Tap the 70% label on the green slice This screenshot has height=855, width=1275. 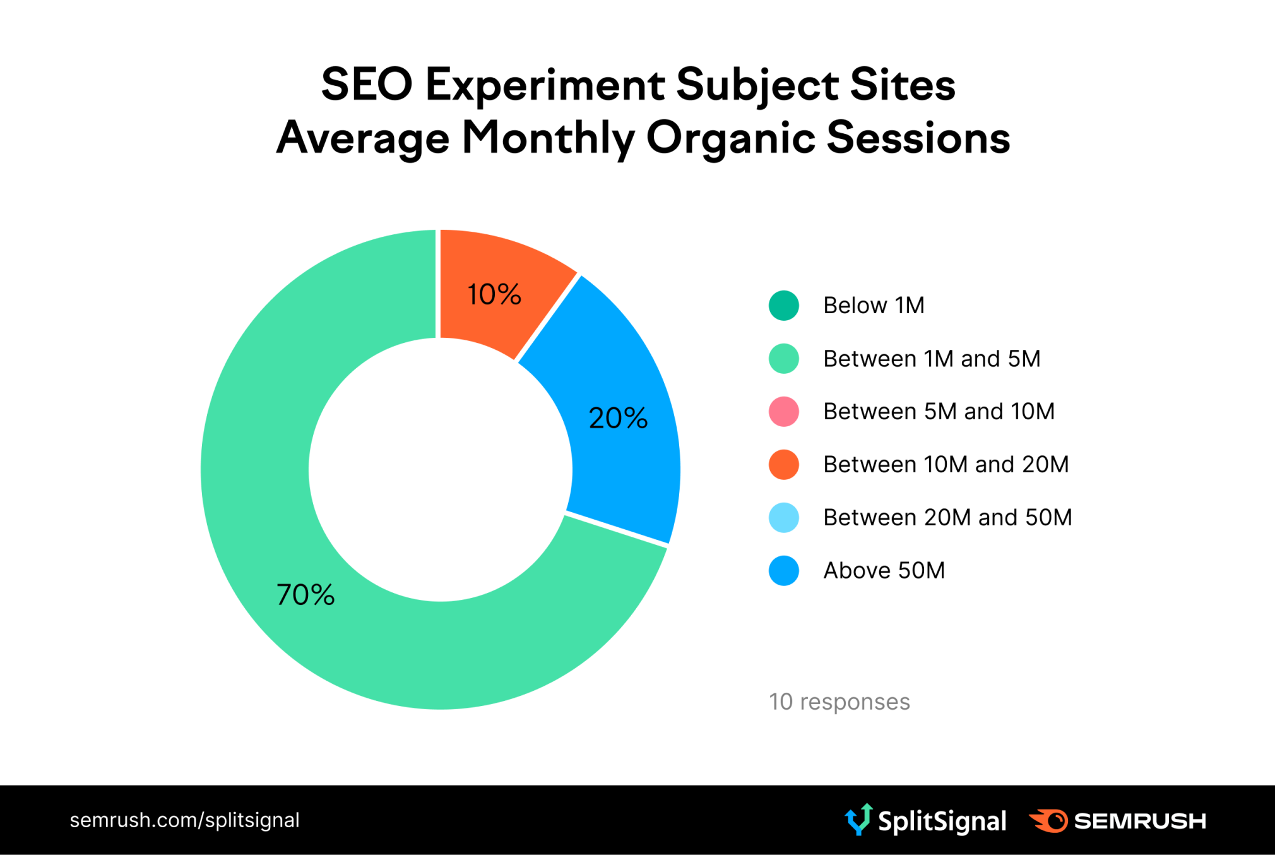click(305, 595)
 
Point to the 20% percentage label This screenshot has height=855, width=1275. click(618, 418)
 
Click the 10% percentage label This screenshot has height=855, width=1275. click(494, 295)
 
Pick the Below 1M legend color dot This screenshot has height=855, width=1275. click(784, 306)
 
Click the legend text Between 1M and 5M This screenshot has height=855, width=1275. click(932, 359)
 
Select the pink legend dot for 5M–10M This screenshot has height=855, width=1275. click(784, 412)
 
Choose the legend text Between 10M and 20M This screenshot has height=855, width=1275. click(946, 465)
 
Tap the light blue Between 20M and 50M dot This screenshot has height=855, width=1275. click(784, 518)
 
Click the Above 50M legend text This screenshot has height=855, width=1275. click(884, 571)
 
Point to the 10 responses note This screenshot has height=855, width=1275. click(839, 702)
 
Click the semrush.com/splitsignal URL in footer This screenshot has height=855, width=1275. click(184, 820)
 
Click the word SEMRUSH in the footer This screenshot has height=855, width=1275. click(1140, 821)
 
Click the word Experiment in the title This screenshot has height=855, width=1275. click(545, 85)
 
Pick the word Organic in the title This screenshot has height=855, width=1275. click(731, 138)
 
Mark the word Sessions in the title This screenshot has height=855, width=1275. click(918, 138)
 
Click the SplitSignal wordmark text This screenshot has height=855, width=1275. click(942, 821)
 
